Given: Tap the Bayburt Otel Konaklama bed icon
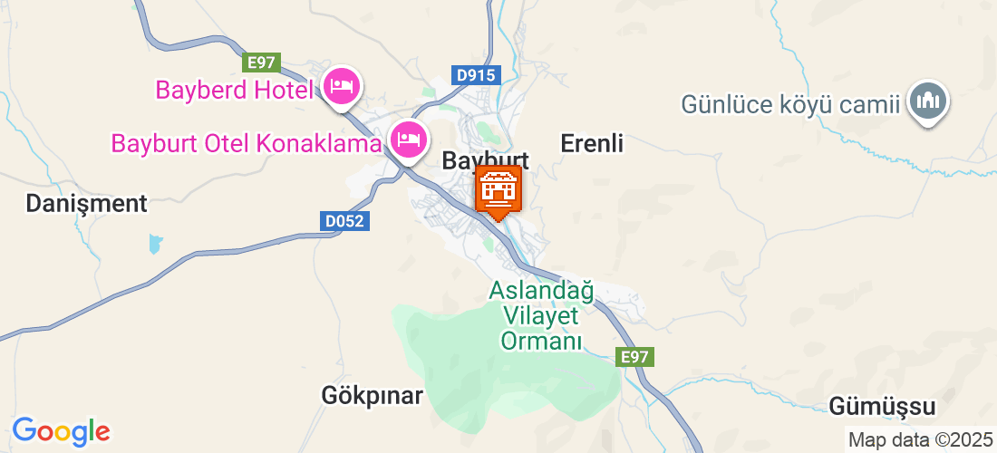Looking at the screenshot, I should [408, 140].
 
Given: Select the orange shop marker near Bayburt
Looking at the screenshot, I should [498, 190].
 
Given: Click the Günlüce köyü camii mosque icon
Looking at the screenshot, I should [928, 101].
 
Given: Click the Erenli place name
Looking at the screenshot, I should [593, 143].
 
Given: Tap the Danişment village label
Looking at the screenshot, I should [86, 204].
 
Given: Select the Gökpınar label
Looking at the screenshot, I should [373, 396].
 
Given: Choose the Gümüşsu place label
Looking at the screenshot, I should [882, 407].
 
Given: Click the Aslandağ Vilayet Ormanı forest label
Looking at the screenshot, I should [541, 316].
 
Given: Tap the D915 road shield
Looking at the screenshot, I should [476, 75].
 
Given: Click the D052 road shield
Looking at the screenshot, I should [345, 220].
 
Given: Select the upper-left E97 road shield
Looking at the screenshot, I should [260, 62].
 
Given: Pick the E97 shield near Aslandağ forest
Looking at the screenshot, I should [635, 357].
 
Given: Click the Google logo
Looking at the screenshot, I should [61, 429].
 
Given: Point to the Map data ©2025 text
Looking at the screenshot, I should [919, 440].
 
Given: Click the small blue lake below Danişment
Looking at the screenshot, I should [155, 243].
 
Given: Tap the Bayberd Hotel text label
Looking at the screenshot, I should [234, 90].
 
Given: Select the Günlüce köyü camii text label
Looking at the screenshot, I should [792, 104].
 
